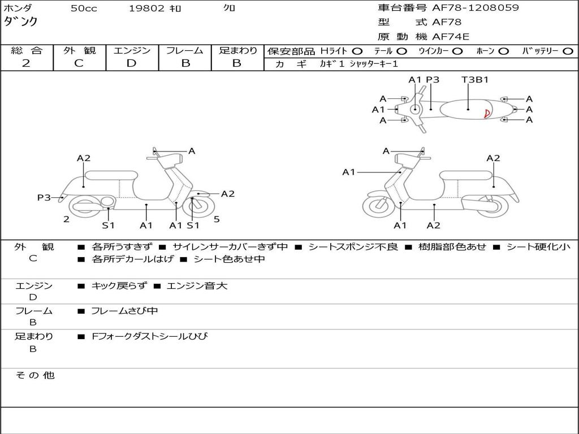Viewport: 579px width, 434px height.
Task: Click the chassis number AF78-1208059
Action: (x=476, y=8)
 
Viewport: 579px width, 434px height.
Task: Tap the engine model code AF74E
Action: (x=451, y=37)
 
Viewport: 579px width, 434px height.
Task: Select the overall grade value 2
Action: (x=26, y=63)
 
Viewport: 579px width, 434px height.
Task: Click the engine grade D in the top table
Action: (x=131, y=63)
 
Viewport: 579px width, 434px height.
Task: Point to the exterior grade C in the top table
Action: (x=79, y=63)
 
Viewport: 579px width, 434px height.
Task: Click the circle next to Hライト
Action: (x=357, y=51)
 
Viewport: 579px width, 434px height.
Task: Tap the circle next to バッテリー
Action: (x=568, y=51)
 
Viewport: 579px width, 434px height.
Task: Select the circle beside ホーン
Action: (x=504, y=51)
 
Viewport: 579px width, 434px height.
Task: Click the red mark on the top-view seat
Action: (x=487, y=114)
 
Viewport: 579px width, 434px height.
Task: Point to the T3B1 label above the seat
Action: (x=475, y=80)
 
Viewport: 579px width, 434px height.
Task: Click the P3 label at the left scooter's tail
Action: (x=44, y=198)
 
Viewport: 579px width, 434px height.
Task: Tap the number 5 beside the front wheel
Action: (x=217, y=219)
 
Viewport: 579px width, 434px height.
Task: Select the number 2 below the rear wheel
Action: (x=66, y=219)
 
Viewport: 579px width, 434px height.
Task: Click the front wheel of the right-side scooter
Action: (x=377, y=206)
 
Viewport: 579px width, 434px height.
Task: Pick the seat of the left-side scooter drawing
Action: (x=111, y=175)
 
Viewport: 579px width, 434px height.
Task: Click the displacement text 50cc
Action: (x=84, y=8)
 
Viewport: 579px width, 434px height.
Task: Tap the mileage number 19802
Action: (x=146, y=8)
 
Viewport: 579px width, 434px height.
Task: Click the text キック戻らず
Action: (x=119, y=285)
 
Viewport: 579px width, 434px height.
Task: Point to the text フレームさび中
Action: (x=124, y=311)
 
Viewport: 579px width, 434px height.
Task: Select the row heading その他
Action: (x=34, y=375)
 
